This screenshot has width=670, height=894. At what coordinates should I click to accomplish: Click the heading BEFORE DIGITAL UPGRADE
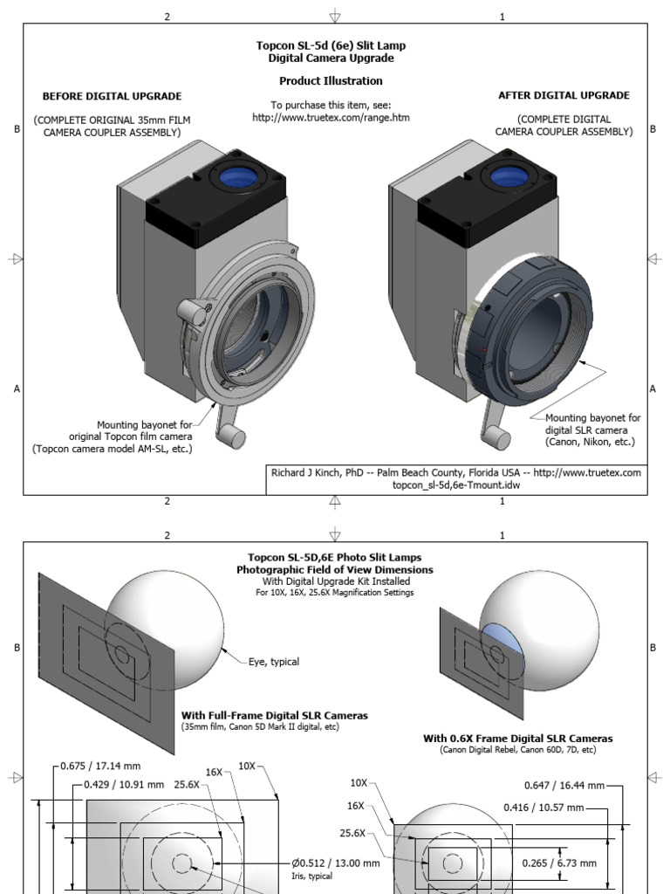point(113,96)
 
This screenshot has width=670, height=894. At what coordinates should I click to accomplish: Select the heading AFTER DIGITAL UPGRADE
point(564,95)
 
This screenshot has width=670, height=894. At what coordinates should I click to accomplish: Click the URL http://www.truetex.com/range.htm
point(332,117)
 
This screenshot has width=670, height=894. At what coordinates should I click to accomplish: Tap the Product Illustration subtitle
point(331,81)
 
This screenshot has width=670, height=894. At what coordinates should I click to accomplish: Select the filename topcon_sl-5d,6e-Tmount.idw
point(456,485)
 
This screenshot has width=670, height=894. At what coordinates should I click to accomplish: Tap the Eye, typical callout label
point(274,662)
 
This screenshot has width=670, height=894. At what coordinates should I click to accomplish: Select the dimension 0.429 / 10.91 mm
point(124,784)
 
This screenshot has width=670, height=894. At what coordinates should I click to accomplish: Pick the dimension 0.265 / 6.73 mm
point(559,863)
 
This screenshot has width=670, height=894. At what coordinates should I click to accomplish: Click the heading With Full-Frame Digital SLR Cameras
point(274,715)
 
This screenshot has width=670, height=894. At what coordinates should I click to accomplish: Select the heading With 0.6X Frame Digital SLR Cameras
point(518,739)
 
